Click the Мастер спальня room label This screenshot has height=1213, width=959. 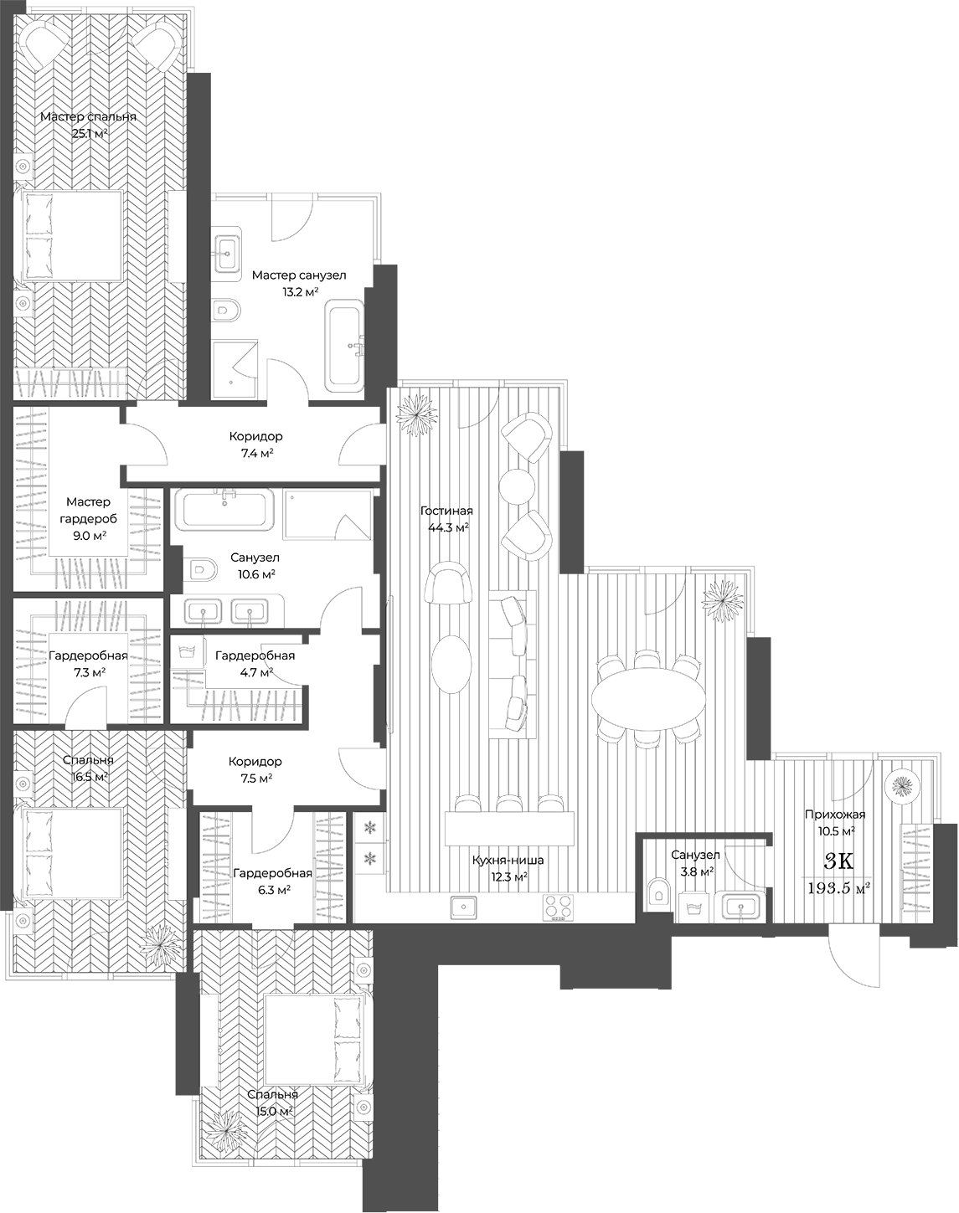(x=88, y=117)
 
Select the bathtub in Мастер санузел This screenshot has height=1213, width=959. (x=344, y=348)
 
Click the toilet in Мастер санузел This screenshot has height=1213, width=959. (x=226, y=311)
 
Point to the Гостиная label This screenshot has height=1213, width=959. (x=446, y=511)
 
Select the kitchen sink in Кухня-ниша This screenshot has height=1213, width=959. (x=464, y=907)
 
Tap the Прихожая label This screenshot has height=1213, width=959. (x=834, y=814)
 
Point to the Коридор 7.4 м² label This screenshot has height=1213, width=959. (x=255, y=436)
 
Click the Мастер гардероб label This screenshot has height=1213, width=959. (x=88, y=510)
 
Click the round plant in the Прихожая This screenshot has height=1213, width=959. (x=902, y=785)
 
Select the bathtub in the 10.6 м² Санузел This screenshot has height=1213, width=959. (x=224, y=511)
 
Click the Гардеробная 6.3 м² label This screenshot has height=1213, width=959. (x=272, y=873)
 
